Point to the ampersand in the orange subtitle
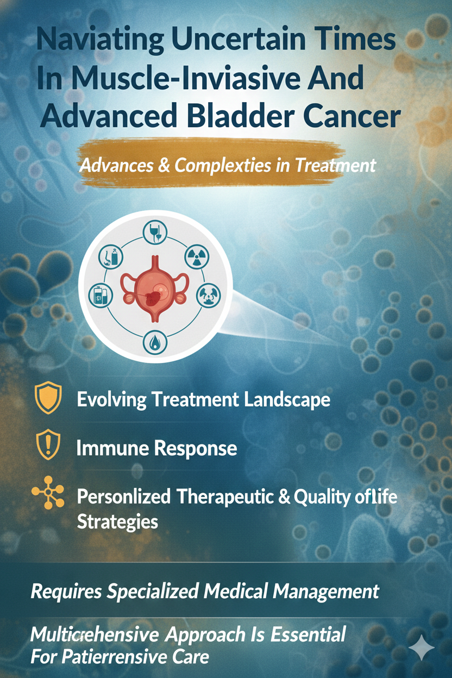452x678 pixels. point(164,166)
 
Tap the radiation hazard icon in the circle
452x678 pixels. point(197,257)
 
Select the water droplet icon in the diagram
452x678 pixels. point(155,343)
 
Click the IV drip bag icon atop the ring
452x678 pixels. point(155,232)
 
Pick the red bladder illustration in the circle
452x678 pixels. point(155,287)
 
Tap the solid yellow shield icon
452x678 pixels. point(48,398)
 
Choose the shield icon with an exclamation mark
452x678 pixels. point(48,445)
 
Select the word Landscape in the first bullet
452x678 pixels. point(287,400)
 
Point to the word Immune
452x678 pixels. point(115,448)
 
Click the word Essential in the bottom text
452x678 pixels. point(308,634)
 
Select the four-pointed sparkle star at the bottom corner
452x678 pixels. point(422,647)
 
